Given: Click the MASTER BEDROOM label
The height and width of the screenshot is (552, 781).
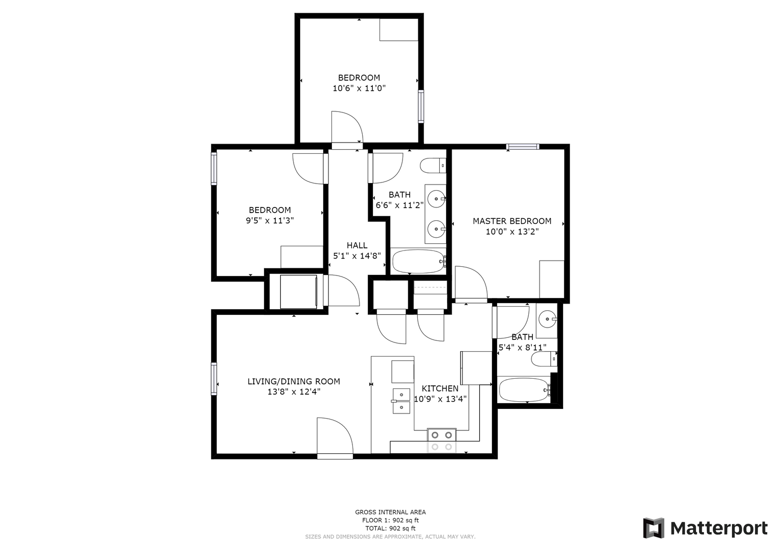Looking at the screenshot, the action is (x=512, y=221).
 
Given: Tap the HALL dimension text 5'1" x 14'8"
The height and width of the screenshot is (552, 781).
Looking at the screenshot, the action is (x=356, y=256).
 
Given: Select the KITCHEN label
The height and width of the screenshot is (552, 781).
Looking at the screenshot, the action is (x=440, y=388).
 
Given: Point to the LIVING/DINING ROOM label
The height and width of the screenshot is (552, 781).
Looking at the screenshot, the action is (x=294, y=382).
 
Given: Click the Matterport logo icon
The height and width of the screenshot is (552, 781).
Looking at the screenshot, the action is (x=653, y=528).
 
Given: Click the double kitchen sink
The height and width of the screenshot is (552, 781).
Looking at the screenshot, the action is (x=401, y=401).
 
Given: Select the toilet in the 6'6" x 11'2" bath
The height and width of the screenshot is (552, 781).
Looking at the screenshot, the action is (x=433, y=166).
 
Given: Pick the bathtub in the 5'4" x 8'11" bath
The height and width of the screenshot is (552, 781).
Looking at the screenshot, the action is (x=524, y=390).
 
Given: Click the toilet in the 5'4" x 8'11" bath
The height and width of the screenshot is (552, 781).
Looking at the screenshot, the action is (x=544, y=359).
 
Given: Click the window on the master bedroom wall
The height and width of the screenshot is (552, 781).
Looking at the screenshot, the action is (x=523, y=147).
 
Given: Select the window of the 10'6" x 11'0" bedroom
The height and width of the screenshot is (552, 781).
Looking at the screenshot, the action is (x=421, y=106).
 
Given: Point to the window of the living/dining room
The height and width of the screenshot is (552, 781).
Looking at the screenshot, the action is (x=214, y=379).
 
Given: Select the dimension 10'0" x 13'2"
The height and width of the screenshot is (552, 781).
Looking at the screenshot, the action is (x=512, y=232).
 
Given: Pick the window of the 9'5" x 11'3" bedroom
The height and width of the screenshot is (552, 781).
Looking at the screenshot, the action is (x=214, y=169).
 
